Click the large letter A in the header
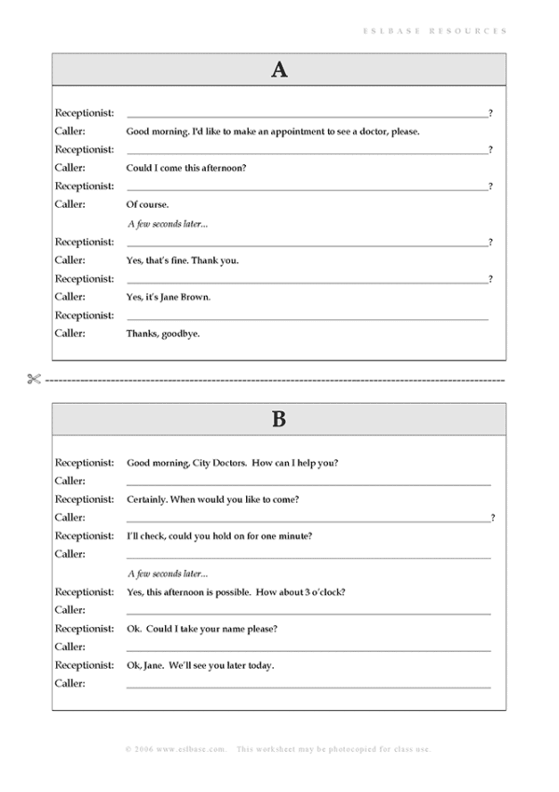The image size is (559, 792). (279, 69)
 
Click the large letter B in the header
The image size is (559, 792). (279, 419)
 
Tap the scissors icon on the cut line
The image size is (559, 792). (34, 379)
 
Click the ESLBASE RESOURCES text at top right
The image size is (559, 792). (435, 31)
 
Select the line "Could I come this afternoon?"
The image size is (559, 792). (185, 168)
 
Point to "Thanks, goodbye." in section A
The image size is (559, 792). (162, 333)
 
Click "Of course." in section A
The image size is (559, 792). (147, 204)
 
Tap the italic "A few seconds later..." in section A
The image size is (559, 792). (167, 223)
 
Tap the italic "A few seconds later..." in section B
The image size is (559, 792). (167, 574)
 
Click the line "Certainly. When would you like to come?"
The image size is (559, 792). (212, 499)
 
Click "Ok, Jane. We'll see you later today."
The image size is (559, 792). (200, 665)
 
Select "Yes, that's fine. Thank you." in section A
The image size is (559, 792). (182, 260)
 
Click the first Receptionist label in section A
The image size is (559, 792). (84, 113)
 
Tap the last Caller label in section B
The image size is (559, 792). (70, 684)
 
